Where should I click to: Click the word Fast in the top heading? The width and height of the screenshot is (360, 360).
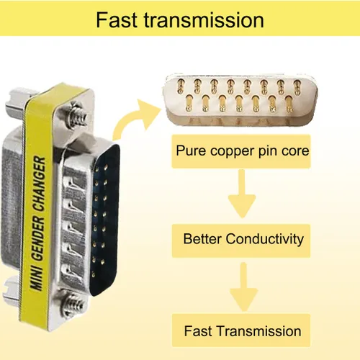click(117, 19)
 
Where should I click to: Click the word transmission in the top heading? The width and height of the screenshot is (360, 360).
click(204, 19)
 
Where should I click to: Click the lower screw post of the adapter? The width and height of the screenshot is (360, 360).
click(73, 304)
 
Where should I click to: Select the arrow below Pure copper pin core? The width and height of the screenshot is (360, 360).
click(242, 193)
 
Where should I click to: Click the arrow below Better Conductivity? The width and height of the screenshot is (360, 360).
click(243, 287)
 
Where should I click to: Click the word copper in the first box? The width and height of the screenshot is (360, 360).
click(232, 151)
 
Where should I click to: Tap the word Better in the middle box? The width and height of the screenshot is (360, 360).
click(202, 239)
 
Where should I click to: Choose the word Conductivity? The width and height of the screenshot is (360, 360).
click(265, 240)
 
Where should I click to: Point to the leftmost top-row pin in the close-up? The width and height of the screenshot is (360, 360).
click(180, 86)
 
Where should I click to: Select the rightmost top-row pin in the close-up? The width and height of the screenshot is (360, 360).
click(297, 87)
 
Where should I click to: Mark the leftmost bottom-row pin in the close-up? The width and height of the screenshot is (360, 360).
click(189, 103)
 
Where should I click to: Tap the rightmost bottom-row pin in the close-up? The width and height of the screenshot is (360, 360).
click(289, 104)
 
